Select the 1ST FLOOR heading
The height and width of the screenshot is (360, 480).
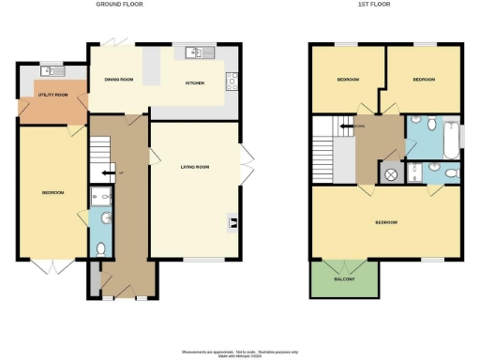pyautogui.click(x=373, y=5)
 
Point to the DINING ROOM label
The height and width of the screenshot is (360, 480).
pyautogui.click(x=119, y=81)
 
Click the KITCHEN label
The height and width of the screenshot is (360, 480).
pyautogui.click(x=195, y=82)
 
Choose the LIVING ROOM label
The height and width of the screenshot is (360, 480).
pyautogui.click(x=194, y=167)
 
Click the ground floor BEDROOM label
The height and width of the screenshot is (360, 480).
pyautogui.click(x=52, y=193)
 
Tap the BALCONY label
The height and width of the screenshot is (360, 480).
pyautogui.click(x=345, y=278)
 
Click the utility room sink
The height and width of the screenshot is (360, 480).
pyautogui.click(x=52, y=71)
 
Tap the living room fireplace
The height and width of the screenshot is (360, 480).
pyautogui.click(x=232, y=222)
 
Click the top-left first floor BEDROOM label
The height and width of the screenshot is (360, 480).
pyautogui.click(x=349, y=80)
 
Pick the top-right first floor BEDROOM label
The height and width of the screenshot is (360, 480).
pyautogui.click(x=424, y=80)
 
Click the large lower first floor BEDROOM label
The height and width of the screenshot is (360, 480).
pyautogui.click(x=386, y=223)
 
